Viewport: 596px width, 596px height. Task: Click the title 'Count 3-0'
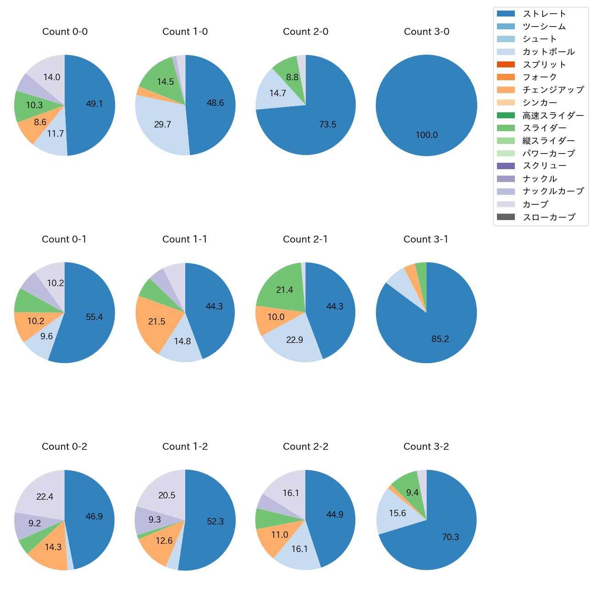click(426, 32)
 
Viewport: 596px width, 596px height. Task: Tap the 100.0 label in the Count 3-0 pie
click(426, 135)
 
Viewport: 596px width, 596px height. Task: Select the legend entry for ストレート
click(544, 14)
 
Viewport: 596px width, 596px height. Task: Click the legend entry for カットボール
click(548, 52)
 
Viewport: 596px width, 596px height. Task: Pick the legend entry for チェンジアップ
click(553, 90)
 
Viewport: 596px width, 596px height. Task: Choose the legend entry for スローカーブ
click(548, 217)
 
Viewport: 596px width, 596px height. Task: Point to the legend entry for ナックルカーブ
click(553, 192)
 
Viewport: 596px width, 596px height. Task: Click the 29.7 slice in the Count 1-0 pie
click(163, 124)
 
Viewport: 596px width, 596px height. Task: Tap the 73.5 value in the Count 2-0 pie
click(328, 124)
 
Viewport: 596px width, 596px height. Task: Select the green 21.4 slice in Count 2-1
click(285, 290)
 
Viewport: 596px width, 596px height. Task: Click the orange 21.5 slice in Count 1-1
click(157, 321)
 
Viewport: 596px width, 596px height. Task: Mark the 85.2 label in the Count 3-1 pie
click(440, 339)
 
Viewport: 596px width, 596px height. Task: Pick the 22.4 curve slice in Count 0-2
click(45, 497)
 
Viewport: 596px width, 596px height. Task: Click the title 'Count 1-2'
click(185, 447)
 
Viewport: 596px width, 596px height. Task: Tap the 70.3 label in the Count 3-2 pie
click(450, 537)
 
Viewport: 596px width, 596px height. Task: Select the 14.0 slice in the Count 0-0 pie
click(52, 77)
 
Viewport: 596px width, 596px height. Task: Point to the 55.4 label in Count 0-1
click(94, 317)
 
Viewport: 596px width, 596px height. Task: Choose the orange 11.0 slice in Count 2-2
click(279, 535)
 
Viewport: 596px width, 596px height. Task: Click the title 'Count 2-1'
click(305, 239)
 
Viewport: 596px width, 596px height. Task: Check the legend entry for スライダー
click(544, 128)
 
